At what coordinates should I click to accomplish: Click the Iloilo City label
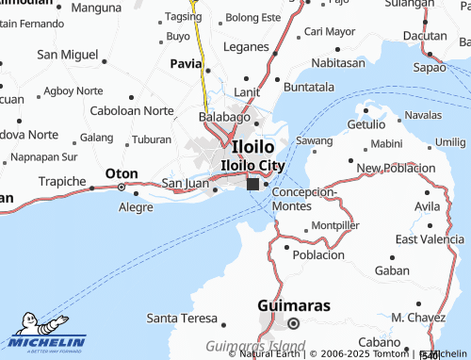click(252, 165)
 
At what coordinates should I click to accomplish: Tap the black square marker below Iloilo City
click(252, 185)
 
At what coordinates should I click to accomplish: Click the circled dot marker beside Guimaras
click(293, 323)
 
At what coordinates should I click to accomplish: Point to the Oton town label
click(122, 174)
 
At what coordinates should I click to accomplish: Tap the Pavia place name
click(186, 63)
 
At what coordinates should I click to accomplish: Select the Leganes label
click(246, 45)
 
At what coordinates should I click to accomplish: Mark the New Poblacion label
click(396, 168)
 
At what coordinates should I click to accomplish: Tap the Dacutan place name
click(425, 35)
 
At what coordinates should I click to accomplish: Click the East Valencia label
click(430, 239)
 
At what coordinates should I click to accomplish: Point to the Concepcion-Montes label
click(303, 198)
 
